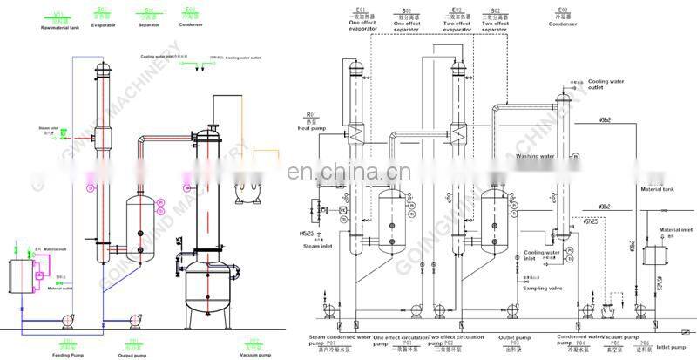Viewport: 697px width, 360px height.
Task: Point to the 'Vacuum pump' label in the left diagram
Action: click(x=253, y=354)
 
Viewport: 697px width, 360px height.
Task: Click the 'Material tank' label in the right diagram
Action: click(x=659, y=188)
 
